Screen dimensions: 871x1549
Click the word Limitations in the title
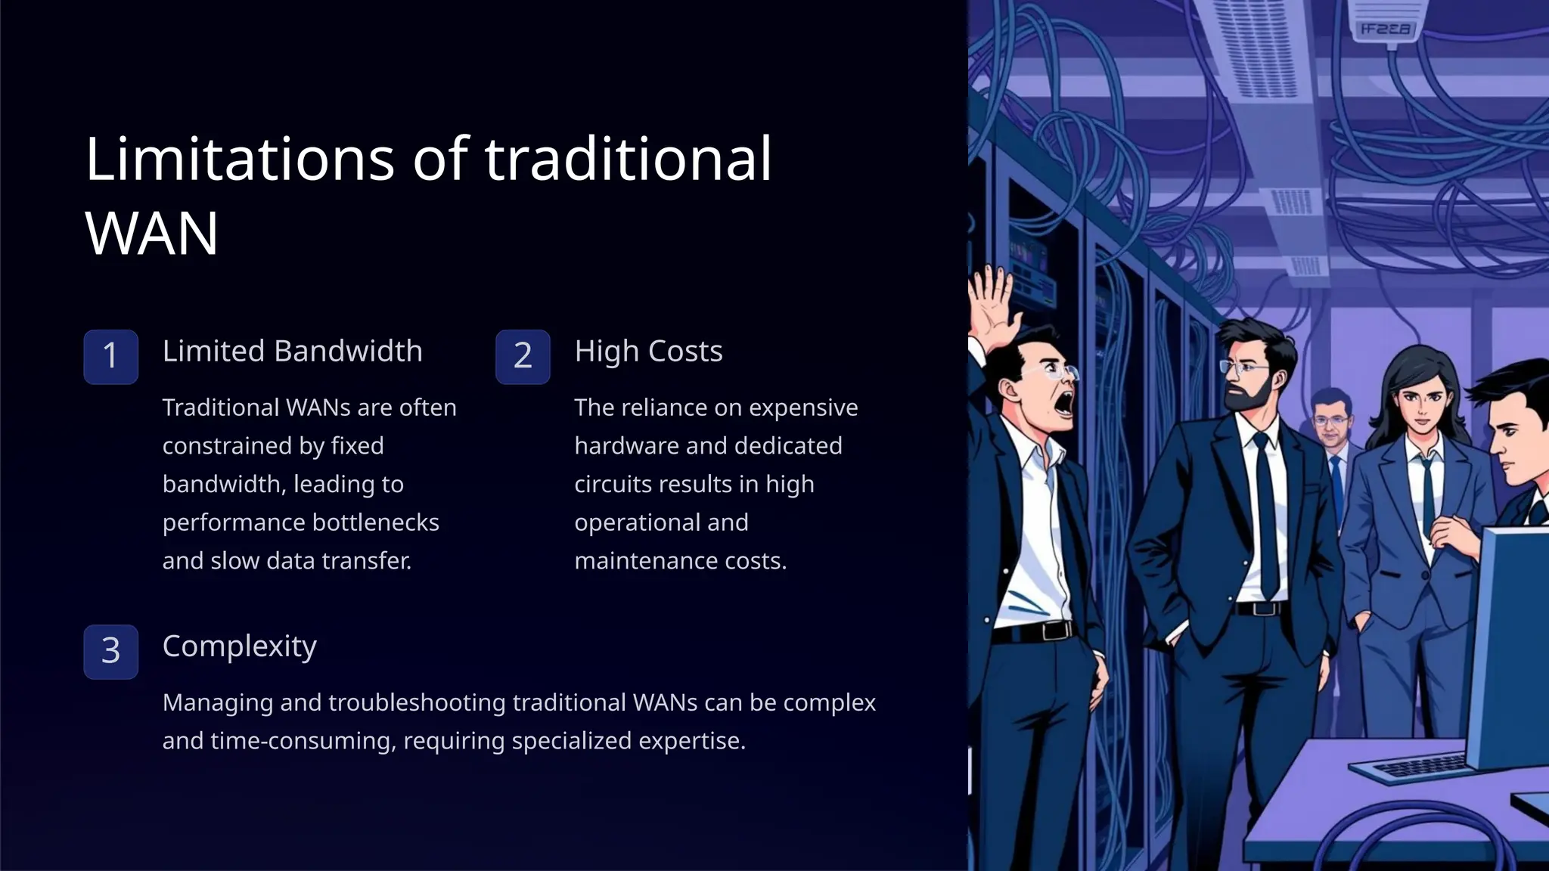(240, 160)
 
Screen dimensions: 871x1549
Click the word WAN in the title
(152, 234)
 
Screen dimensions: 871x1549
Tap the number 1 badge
(110, 356)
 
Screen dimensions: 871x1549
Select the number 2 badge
(523, 356)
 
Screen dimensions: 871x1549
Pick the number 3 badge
(110, 651)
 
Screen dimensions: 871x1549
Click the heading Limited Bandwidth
(292, 352)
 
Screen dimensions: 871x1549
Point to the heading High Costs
(648, 352)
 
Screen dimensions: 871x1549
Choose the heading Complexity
(239, 646)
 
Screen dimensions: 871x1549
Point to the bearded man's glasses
(1243, 369)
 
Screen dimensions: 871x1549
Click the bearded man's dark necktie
(1268, 514)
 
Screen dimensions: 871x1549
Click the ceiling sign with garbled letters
(1385, 29)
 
